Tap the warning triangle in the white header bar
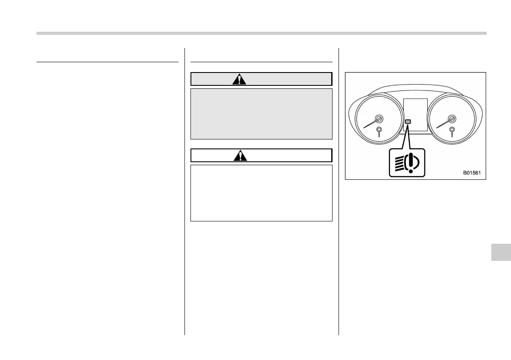tap(240, 156)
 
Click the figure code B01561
tap(472, 173)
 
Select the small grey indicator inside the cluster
tap(408, 122)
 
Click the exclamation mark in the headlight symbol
tap(411, 163)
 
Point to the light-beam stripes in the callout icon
tap(399, 163)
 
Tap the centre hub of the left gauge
tap(378, 119)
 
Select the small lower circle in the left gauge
tap(379, 130)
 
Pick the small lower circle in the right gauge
tap(452, 130)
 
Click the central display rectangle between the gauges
tap(415, 114)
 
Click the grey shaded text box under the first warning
tap(261, 114)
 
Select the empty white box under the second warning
tap(261, 193)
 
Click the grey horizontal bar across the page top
tap(261, 33)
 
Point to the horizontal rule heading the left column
tap(107, 62)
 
